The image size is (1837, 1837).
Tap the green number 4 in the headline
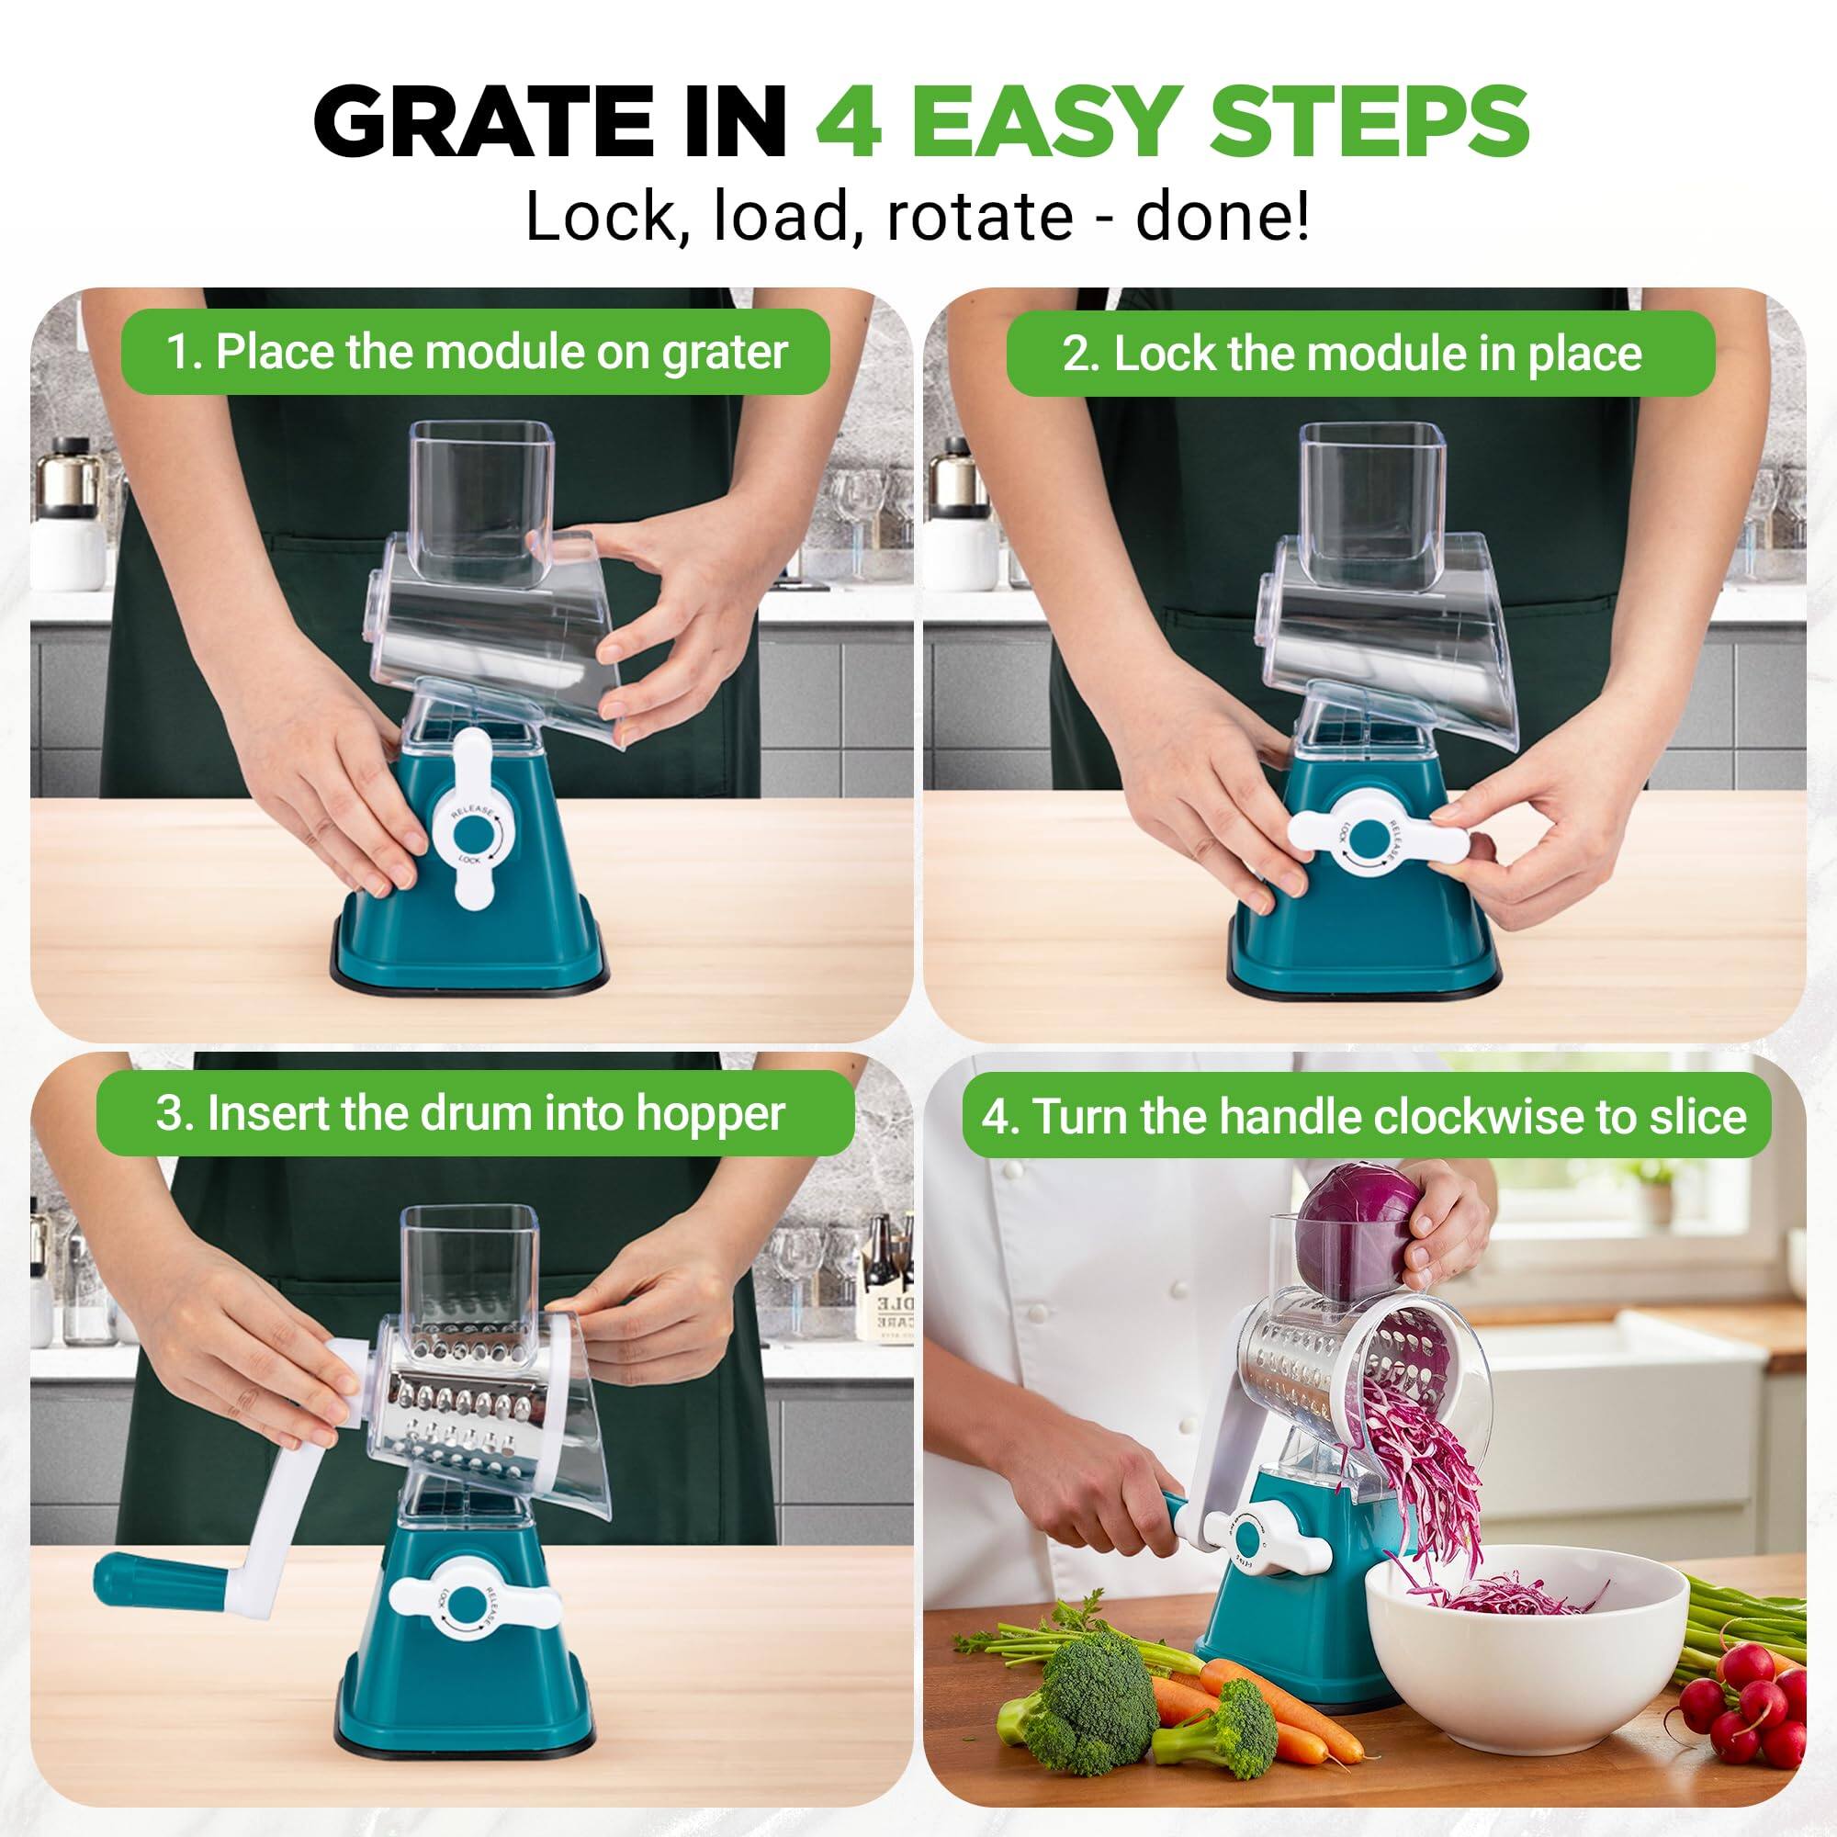point(848,124)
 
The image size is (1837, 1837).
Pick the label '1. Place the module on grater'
point(476,352)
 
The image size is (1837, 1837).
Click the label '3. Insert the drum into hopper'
point(469,1113)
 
